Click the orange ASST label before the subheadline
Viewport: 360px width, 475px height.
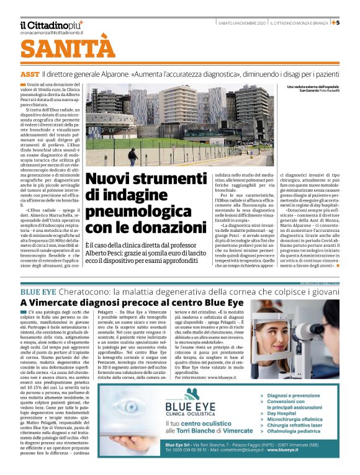click(29, 74)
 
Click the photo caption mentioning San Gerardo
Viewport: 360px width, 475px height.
click(319, 91)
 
